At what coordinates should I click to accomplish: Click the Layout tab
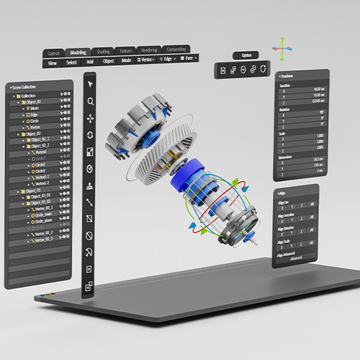54,53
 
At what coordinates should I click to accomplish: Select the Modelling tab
78,53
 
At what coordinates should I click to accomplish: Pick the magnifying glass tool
90,102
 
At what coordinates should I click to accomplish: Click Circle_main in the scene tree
42,216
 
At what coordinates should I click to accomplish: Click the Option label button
246,55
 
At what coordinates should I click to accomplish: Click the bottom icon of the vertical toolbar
89,286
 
